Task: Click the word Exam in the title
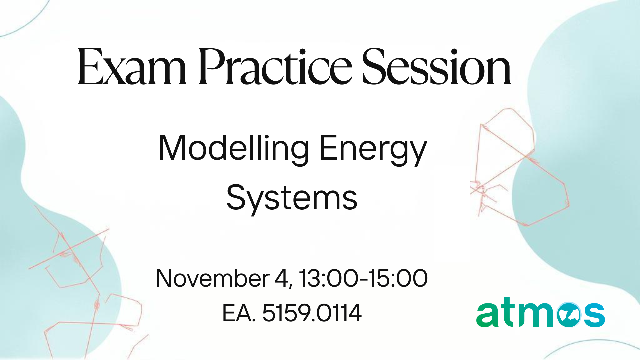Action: (x=132, y=67)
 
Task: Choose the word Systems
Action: (x=292, y=198)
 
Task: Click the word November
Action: (x=213, y=278)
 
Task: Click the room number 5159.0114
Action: (x=312, y=313)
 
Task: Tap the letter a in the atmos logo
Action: (x=488, y=315)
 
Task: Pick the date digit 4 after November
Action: (x=281, y=278)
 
